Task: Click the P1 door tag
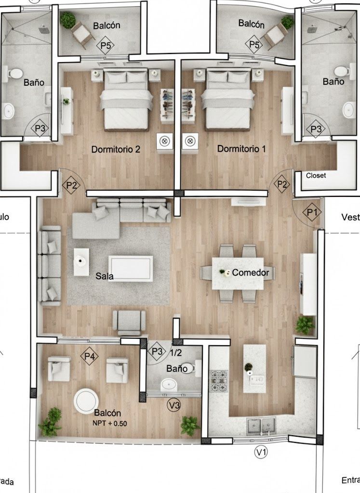pyautogui.click(x=311, y=211)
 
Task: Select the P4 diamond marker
pyautogui.click(x=89, y=357)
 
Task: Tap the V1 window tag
pyautogui.click(x=261, y=452)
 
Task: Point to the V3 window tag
pyautogui.click(x=174, y=406)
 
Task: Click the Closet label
pyautogui.click(x=316, y=176)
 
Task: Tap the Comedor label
pyautogui.click(x=250, y=272)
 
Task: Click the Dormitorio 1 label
pyautogui.click(x=241, y=149)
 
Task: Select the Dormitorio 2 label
pyautogui.click(x=116, y=149)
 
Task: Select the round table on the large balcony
pyautogui.click(x=88, y=400)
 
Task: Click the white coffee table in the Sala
pyautogui.click(x=131, y=268)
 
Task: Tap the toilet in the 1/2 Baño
pyautogui.click(x=196, y=368)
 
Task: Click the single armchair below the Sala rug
pyautogui.click(x=129, y=322)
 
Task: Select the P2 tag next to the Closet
pyautogui.click(x=282, y=184)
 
